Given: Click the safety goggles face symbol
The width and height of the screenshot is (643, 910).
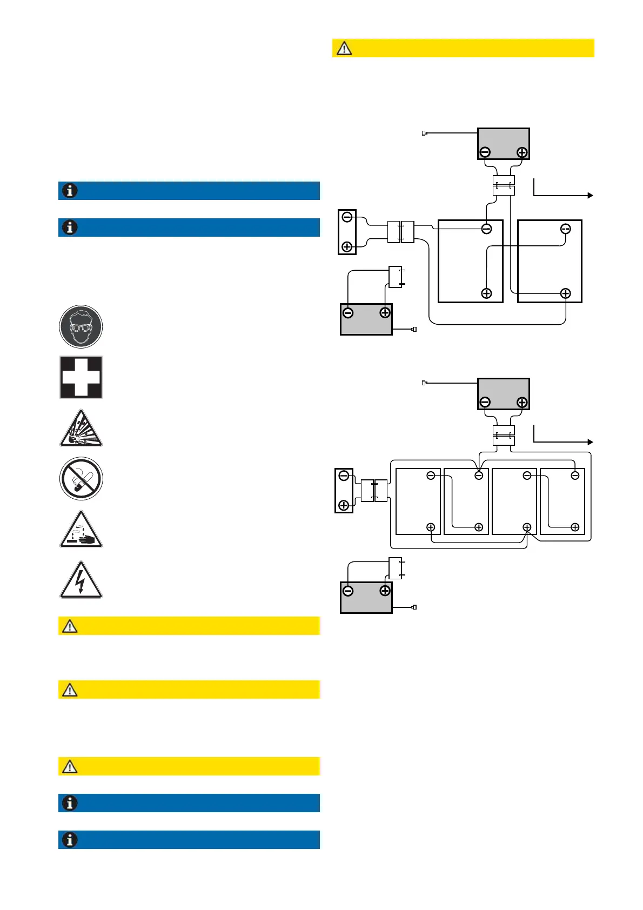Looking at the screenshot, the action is pos(81,326).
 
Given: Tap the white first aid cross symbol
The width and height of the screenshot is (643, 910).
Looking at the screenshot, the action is pos(81,377).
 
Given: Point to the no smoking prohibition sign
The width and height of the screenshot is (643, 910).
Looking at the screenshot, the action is pos(81,479).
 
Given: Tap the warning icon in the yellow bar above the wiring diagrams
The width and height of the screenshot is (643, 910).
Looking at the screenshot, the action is pos(344,48).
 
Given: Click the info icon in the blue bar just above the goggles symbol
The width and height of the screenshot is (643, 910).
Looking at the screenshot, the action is pos(70,227).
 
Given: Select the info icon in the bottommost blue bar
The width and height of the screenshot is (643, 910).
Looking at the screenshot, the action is pos(70,840).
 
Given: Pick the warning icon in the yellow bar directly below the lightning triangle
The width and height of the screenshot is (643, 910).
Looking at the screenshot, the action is pos(70,626).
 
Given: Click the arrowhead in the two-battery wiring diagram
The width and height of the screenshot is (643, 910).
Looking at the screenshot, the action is pos(591,196).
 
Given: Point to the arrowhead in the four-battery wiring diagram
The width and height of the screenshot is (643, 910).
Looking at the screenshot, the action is pos(591,442).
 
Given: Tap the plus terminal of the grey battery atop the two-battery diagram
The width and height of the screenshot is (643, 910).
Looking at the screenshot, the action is pos(522,152).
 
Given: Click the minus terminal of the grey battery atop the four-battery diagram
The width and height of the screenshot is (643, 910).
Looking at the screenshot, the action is pos(485,402).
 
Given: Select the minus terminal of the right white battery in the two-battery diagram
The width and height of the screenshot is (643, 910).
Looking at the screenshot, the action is pos(565,229).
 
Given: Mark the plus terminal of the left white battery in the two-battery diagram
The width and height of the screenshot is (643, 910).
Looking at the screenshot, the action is pos(486,293).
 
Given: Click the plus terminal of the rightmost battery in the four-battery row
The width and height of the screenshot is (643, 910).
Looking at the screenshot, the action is pos(575,527).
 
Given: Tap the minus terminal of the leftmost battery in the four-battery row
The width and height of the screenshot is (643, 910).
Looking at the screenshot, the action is pos(431,476).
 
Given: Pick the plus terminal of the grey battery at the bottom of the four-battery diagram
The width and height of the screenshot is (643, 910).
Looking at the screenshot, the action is pos(385,591).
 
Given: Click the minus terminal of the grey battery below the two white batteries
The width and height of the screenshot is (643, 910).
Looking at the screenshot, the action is pos(349,312).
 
